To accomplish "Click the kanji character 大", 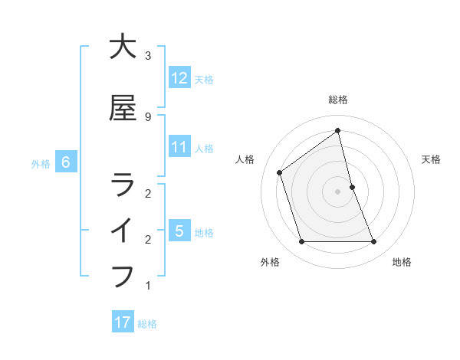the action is [123, 47].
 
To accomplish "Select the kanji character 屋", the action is [123, 108].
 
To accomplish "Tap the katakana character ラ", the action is [123, 184].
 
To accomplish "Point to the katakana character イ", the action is [123, 230].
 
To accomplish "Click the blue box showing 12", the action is [179, 78].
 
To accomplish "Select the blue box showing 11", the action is [179, 147].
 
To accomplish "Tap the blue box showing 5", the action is [179, 231].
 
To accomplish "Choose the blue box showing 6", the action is [66, 162].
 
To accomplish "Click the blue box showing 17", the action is [123, 322].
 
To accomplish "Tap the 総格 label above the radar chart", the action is [338, 100].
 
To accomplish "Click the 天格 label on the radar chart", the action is [431, 159].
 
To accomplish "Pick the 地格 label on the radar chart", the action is [402, 262].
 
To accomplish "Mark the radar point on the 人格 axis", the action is [280, 172].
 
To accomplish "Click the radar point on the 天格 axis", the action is [352, 187].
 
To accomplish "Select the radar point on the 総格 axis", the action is [338, 130].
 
